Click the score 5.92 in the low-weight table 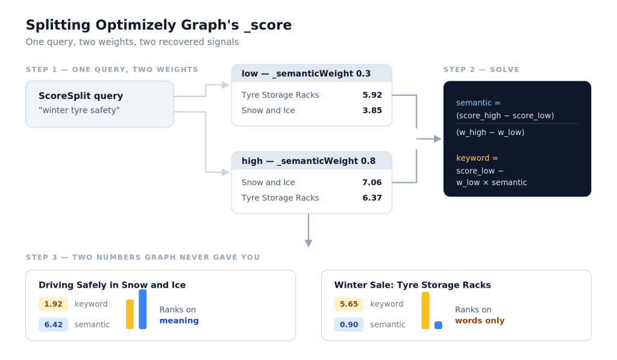(x=372, y=95)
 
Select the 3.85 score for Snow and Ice (x=372, y=110)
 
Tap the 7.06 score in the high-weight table (x=372, y=182)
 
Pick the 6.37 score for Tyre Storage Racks (x=372, y=198)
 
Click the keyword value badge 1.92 (x=53, y=304)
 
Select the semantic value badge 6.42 (x=53, y=324)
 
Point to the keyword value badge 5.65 (x=349, y=304)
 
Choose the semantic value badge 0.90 (x=349, y=324)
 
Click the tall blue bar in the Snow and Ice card (x=142, y=309)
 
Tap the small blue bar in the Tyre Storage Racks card (x=438, y=326)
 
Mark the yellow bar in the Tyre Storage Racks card (x=425, y=311)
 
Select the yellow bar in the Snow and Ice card (x=130, y=314)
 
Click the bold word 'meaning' (x=179, y=321)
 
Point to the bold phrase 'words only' (x=480, y=321)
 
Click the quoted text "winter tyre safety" (x=79, y=110)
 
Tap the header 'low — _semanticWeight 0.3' (x=306, y=74)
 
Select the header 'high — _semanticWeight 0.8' (x=308, y=161)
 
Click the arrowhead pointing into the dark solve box (x=437, y=139)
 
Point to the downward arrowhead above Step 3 (x=308, y=244)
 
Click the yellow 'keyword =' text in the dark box (x=477, y=158)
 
